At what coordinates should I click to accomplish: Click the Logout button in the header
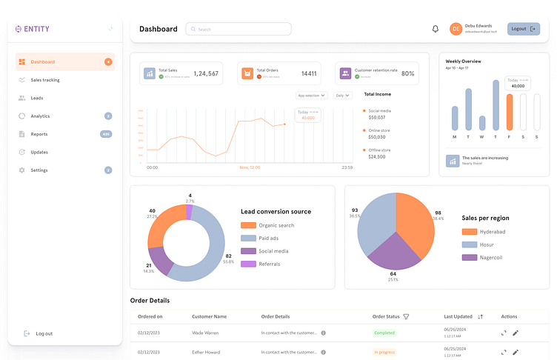point(523,29)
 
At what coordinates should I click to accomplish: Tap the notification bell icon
point(436,29)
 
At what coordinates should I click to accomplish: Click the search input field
point(239,29)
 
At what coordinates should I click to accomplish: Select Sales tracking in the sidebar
point(45,80)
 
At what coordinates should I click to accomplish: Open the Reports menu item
point(39,134)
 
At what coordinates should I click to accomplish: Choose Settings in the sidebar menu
point(39,170)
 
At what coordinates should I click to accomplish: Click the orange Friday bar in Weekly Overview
point(510,112)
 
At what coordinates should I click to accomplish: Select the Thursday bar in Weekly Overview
point(496,105)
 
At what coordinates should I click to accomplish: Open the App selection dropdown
point(310,96)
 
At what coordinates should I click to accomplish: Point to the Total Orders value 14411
point(309,73)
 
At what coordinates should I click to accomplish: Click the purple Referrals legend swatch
point(248,264)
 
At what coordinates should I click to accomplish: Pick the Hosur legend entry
point(469,244)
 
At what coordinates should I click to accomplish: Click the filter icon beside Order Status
point(406,316)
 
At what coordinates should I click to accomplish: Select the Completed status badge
point(384,333)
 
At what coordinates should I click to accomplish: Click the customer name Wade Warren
point(205,333)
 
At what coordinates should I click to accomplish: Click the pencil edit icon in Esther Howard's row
point(516,352)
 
